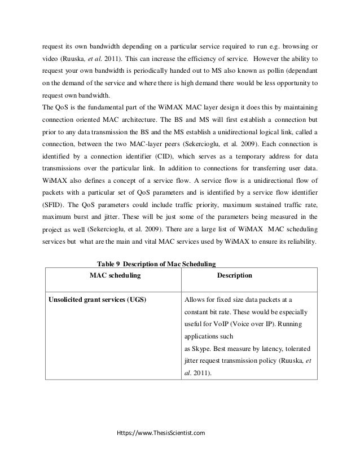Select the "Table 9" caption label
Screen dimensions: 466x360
coord(108,264)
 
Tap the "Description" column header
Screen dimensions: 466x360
coord(235,275)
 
